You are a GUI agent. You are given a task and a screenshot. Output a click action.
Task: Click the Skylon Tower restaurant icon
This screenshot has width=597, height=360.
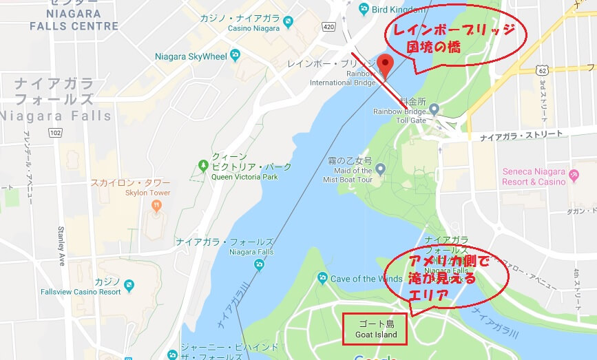point(157,205)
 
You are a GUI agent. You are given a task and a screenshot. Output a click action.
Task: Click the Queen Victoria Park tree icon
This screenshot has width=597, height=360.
point(202,166)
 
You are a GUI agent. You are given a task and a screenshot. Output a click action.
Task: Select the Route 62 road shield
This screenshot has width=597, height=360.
point(544,70)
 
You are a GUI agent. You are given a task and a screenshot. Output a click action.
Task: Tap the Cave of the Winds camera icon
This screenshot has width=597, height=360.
point(322,278)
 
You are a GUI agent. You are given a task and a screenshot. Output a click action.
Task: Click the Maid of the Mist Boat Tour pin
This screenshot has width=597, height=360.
point(379,169)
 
